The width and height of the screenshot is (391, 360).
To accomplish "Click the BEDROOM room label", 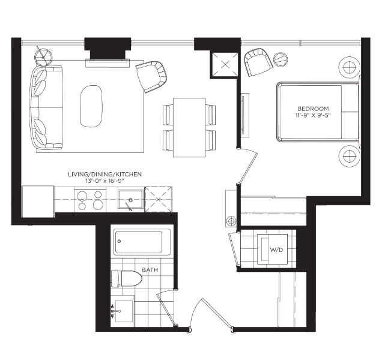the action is tap(313, 109).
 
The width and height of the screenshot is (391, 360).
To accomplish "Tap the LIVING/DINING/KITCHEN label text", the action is tap(105, 174).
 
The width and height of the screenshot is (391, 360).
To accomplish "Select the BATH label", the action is tap(150, 270).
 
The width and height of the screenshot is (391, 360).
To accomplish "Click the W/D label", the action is tap(276, 250).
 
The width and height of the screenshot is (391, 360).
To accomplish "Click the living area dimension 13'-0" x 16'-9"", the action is tap(105, 181).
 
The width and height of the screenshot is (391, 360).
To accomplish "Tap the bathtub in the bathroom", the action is tap(142, 242).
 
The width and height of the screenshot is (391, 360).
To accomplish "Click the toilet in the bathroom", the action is tap(126, 278).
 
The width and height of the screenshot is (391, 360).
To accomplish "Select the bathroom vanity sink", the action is tap(124, 311).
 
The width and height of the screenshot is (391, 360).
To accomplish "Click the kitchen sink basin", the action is tap(131, 199).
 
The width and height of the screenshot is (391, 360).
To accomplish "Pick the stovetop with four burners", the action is tap(90, 200).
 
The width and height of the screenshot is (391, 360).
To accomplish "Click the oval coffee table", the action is tap(91, 106).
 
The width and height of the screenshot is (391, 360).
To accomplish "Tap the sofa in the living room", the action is tap(46, 107).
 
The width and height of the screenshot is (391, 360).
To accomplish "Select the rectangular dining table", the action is tap(189, 128).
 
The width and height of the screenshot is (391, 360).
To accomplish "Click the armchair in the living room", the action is tap(151, 76).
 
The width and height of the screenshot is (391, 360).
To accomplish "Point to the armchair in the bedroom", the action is tap(258, 62).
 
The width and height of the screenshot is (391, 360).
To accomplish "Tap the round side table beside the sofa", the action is tap(44, 58).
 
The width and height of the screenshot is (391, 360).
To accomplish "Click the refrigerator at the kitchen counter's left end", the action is tap(38, 202).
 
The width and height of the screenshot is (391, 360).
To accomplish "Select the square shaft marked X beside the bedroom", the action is tap(225, 65).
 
